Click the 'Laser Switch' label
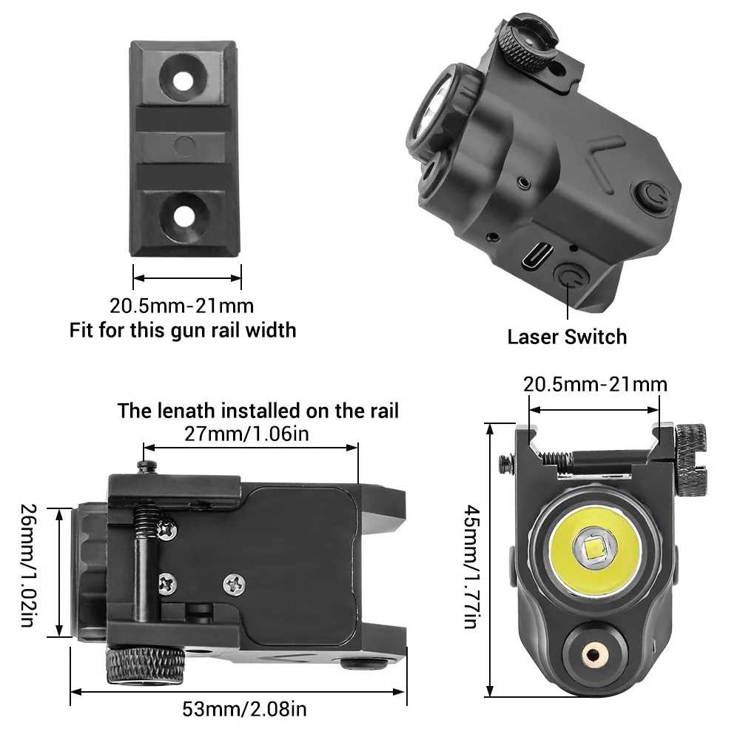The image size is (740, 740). (x=567, y=337)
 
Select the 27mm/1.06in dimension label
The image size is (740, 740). (x=250, y=433)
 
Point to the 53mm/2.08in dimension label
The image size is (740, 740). (x=243, y=710)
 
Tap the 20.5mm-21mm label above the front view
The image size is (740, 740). (x=594, y=384)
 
